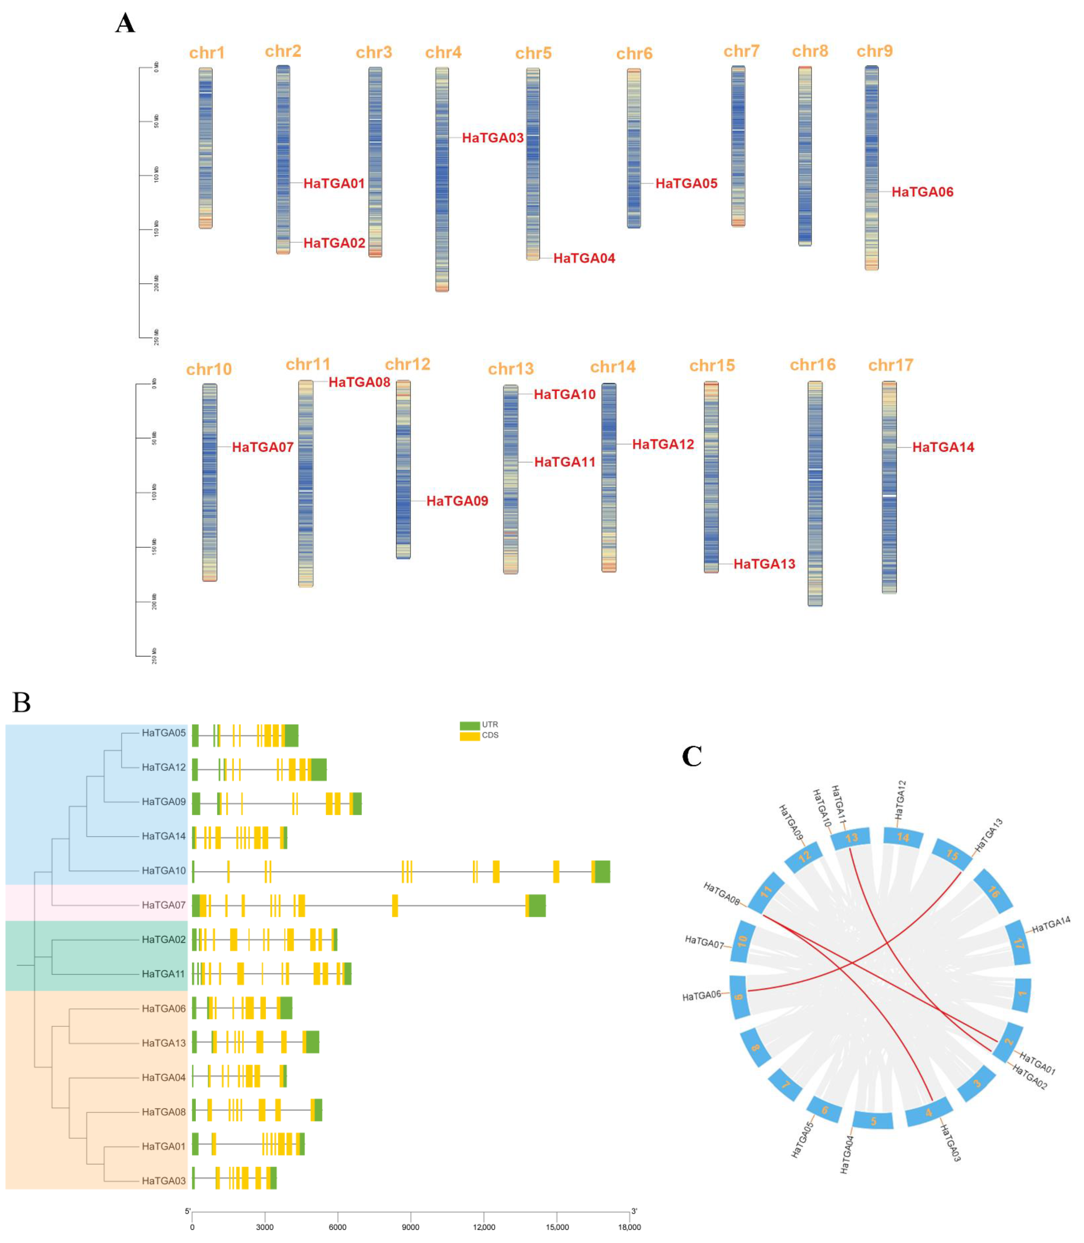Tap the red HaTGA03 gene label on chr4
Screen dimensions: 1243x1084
492,138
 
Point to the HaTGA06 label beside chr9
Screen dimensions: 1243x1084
922,192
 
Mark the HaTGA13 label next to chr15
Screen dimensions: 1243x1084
764,564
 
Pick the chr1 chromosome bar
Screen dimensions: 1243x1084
206,148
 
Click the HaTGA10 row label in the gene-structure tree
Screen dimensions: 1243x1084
163,871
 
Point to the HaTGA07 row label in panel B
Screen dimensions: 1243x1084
163,905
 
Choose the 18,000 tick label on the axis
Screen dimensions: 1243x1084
629,1227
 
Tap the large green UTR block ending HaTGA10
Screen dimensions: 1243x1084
602,871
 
